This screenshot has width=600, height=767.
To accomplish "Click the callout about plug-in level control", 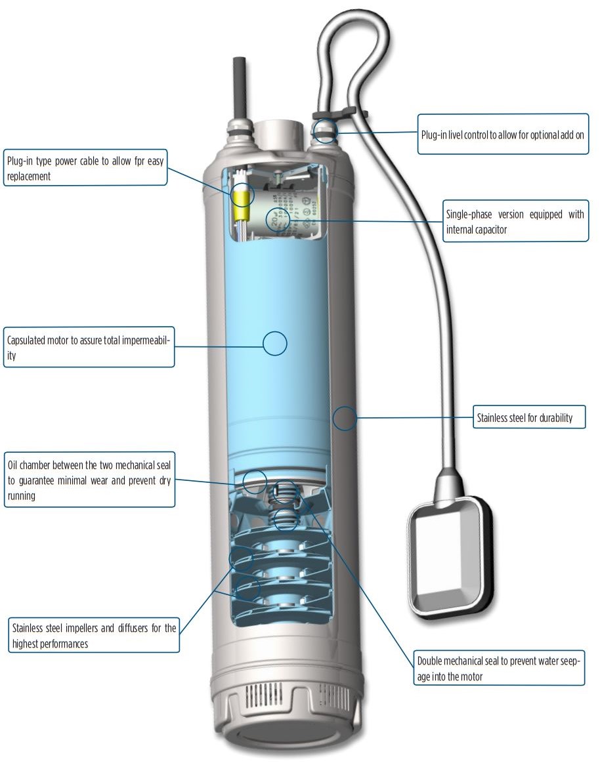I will click(503, 135).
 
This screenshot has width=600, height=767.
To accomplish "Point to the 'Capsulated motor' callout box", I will click(89, 347).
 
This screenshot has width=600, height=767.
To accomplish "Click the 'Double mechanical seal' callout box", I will click(499, 667).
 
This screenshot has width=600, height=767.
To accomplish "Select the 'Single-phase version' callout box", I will click(515, 221).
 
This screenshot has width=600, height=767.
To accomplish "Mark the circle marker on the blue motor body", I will click(275, 343).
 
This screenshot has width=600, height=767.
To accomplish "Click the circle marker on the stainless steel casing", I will click(345, 418).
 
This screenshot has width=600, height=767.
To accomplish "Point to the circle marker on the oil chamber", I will click(255, 482).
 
